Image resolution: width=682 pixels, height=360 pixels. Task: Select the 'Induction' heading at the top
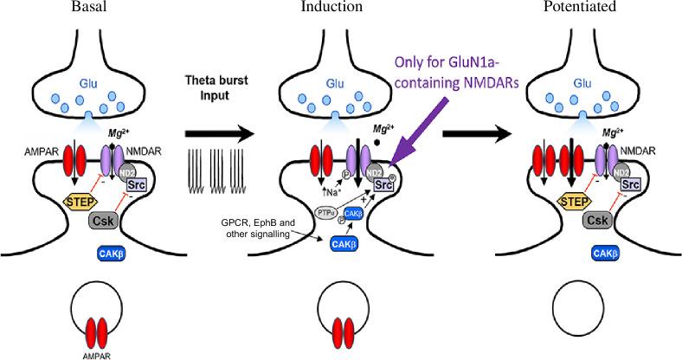(331, 7)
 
